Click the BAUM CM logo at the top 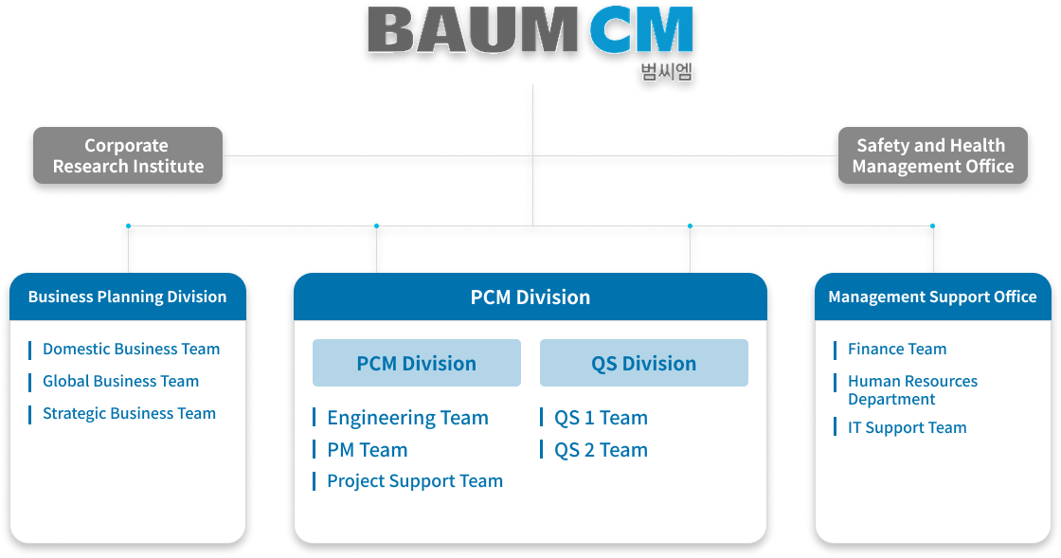530,30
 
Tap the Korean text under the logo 667,72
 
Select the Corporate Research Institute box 128,155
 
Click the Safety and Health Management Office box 933,155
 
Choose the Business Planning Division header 128,297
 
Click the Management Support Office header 933,297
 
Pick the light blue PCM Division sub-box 417,363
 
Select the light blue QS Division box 644,363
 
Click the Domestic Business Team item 132,349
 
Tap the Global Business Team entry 121,382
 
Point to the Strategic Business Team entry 129,413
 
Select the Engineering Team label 408,418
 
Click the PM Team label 368,450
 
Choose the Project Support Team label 416,481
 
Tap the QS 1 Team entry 601,418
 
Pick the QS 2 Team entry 601,450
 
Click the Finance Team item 897,349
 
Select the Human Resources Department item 913,390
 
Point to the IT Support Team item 908,427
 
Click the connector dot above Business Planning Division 128,225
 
